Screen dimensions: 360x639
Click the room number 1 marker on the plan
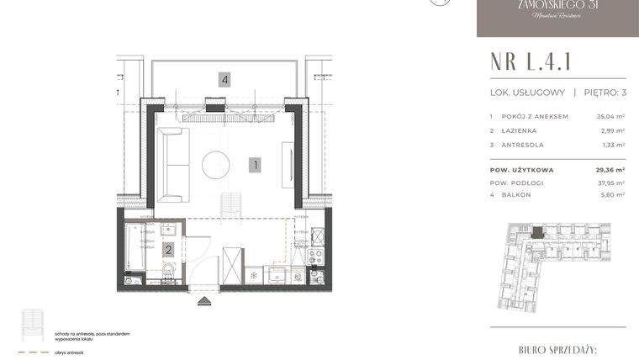tap(254, 166)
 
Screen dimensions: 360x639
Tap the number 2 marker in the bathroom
tap(169, 249)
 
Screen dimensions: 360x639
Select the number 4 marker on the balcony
tap(224, 80)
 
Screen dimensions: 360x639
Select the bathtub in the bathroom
tap(134, 249)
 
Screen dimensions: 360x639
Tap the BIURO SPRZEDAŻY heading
tap(557, 347)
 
